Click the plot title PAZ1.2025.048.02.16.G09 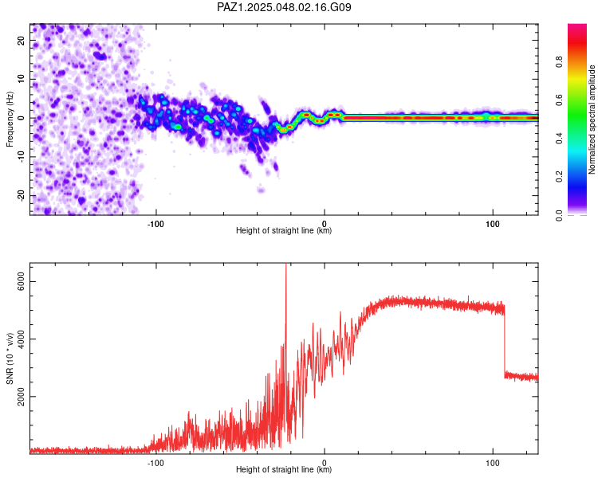pyautogui.click(x=284, y=7)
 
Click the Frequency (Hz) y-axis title pyautogui.click(x=10, y=119)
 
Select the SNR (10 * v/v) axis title pyautogui.click(x=10, y=358)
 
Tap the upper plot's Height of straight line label pyautogui.click(x=284, y=230)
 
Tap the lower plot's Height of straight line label pyautogui.click(x=284, y=469)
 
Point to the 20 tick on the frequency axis pyautogui.click(x=21, y=41)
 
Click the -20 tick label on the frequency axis pyautogui.click(x=21, y=196)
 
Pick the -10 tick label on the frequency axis pyautogui.click(x=21, y=157)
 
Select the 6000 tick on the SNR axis pyautogui.click(x=21, y=282)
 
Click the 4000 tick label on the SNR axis pyautogui.click(x=21, y=339)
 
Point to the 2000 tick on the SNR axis pyautogui.click(x=21, y=397)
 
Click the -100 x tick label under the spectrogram pyautogui.click(x=155, y=224)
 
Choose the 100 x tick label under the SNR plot pyautogui.click(x=493, y=463)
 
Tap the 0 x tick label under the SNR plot pyautogui.click(x=325, y=463)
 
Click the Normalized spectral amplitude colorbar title pyautogui.click(x=592, y=119)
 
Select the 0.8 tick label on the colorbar pyautogui.click(x=560, y=62)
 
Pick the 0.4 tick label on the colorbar pyautogui.click(x=560, y=139)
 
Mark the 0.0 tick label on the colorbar pyautogui.click(x=560, y=215)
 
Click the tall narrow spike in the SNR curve pyautogui.click(x=285, y=305)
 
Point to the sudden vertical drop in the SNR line pyautogui.click(x=505, y=339)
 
